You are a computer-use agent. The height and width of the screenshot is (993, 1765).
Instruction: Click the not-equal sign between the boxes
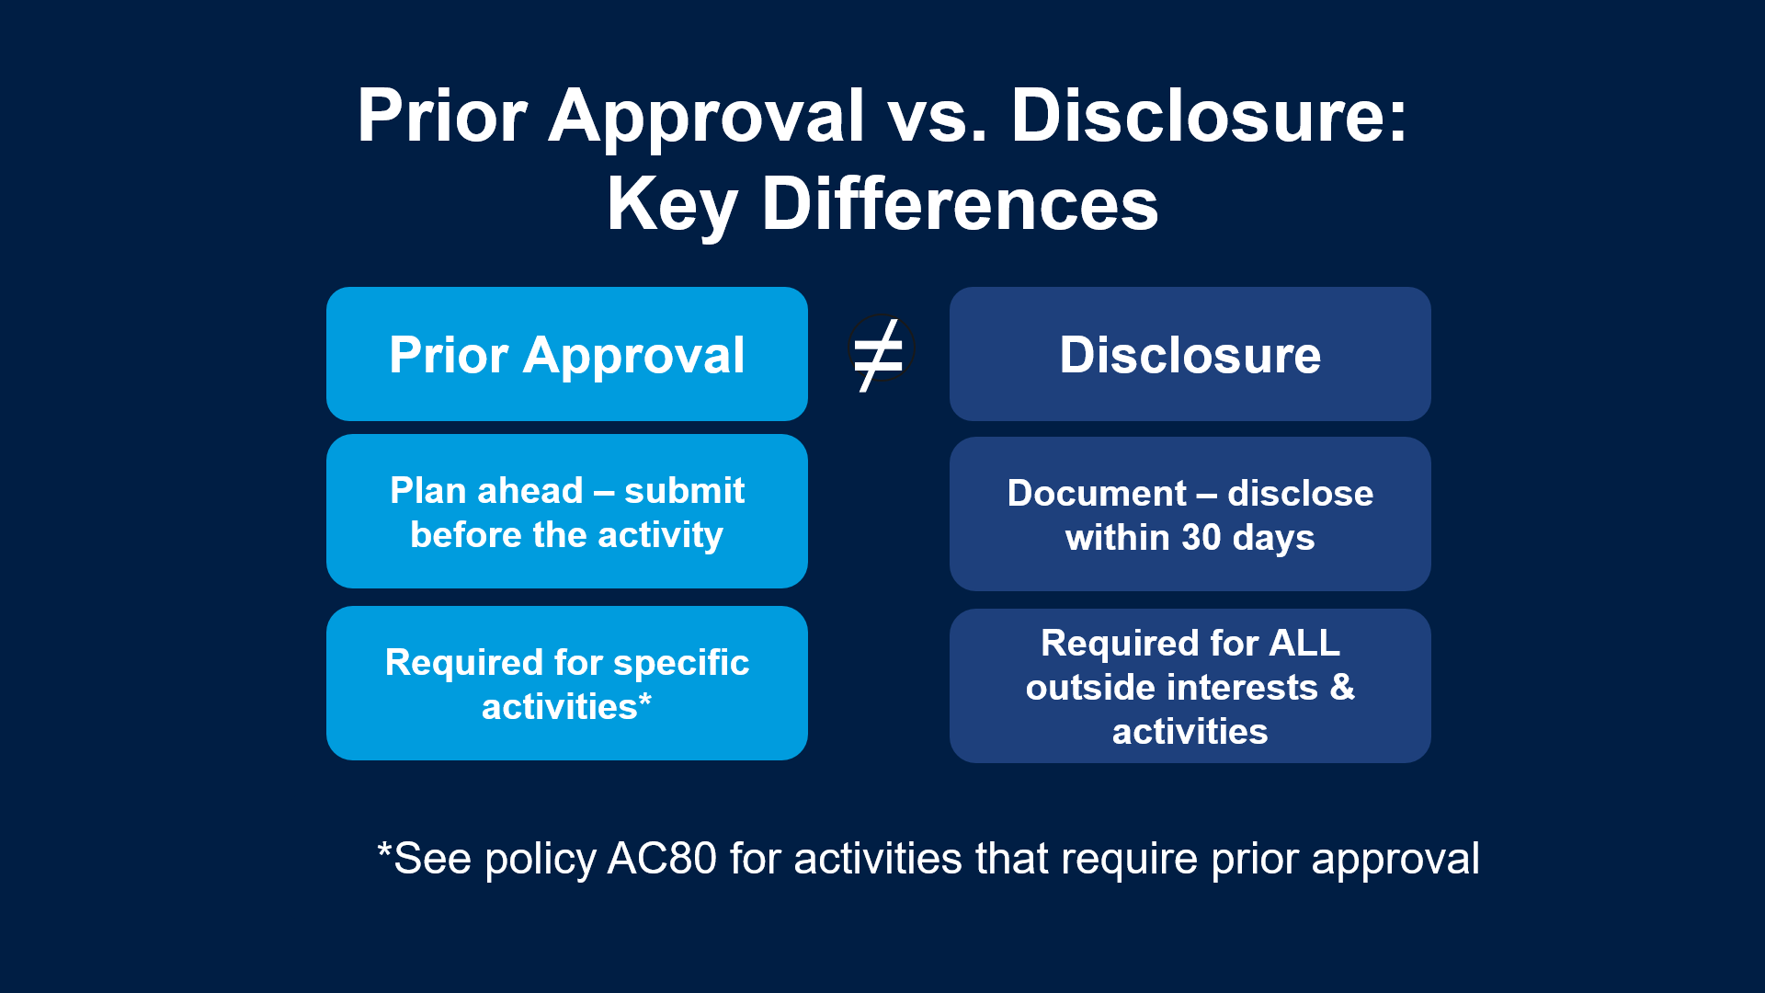[879, 355]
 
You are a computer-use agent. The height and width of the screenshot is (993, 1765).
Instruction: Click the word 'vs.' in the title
[937, 117]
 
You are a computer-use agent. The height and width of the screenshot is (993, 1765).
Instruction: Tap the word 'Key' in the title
[672, 205]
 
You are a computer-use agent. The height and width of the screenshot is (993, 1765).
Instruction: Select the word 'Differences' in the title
[960, 205]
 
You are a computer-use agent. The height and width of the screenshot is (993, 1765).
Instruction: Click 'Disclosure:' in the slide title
[1209, 117]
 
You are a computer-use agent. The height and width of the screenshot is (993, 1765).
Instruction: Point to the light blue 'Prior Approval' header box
[566, 354]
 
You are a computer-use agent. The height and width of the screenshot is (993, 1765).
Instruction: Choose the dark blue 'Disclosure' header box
[1190, 354]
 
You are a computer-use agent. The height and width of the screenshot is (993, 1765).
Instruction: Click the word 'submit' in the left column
[684, 491]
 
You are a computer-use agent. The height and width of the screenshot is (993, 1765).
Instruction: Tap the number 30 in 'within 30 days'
[1201, 538]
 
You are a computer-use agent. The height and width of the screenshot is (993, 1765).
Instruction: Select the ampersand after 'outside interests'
[1342, 688]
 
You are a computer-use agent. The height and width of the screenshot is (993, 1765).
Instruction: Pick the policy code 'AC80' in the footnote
[662, 859]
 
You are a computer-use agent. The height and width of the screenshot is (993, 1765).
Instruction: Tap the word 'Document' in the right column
[1097, 494]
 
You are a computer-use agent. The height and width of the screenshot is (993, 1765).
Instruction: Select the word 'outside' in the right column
[1079, 688]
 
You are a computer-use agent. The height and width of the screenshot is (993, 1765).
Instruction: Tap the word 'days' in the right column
[1273, 538]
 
